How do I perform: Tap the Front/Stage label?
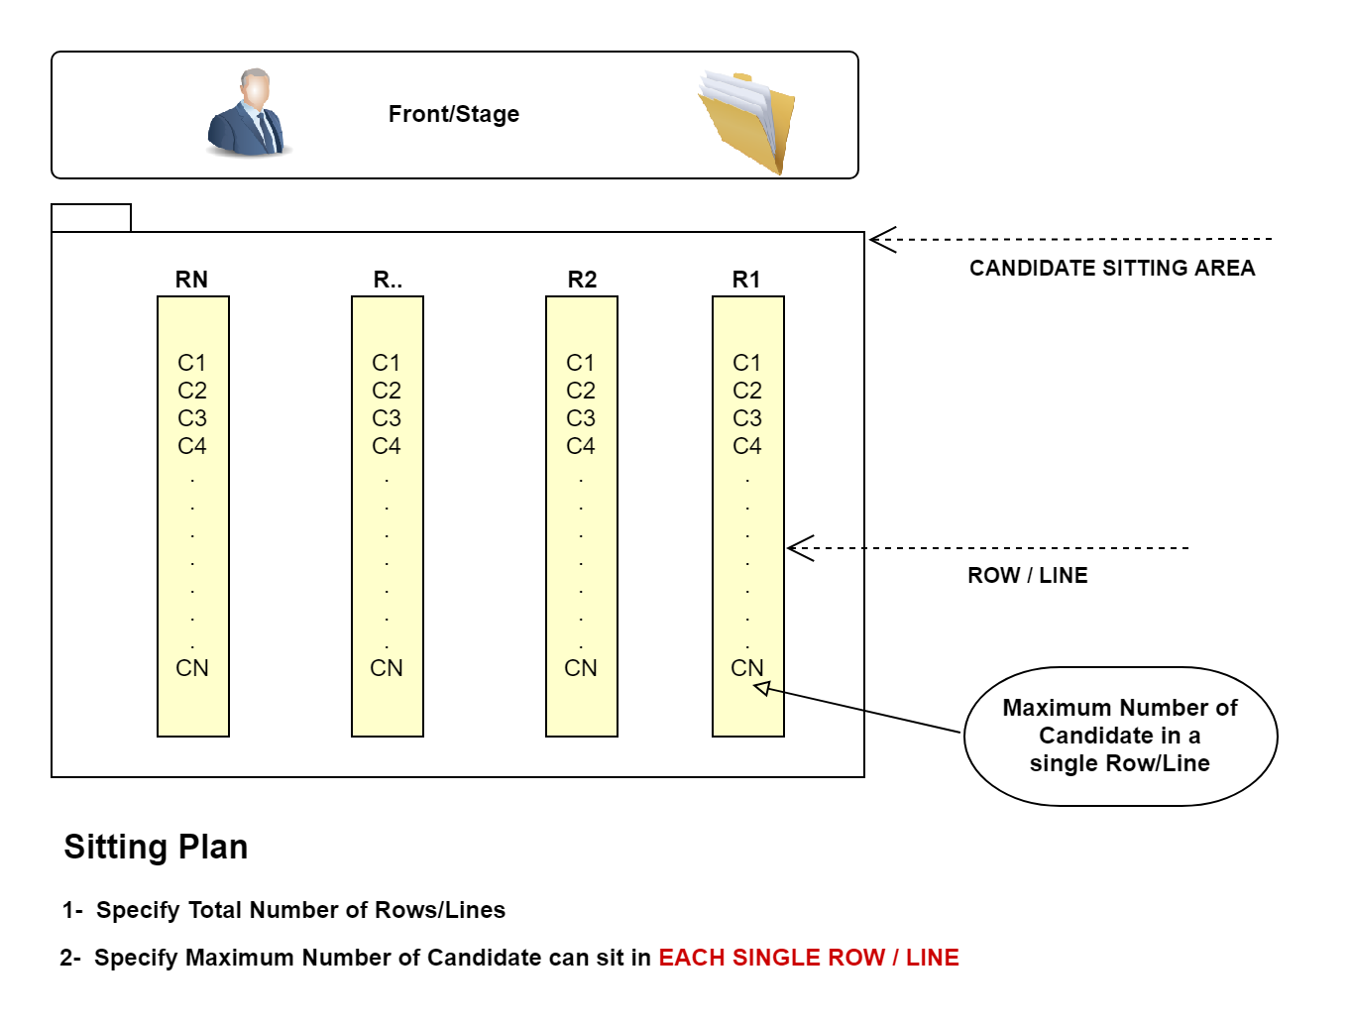click(x=454, y=114)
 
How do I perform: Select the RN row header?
click(x=191, y=280)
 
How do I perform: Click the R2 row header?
click(x=582, y=280)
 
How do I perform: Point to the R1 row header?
click(x=746, y=280)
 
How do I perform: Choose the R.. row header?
click(x=388, y=280)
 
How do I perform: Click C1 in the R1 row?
click(x=747, y=363)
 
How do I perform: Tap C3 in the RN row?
click(x=192, y=418)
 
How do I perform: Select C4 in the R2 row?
click(x=581, y=446)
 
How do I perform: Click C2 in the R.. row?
click(x=387, y=391)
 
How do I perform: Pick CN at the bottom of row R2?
click(x=581, y=668)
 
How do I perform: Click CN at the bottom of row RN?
click(x=192, y=668)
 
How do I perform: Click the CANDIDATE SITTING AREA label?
click(x=1112, y=268)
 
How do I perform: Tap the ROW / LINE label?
click(x=1028, y=575)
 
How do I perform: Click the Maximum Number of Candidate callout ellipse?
click(x=1120, y=736)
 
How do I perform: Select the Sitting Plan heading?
click(x=156, y=847)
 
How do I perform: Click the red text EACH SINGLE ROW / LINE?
click(x=809, y=958)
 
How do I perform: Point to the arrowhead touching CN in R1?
click(x=761, y=688)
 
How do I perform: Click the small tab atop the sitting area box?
click(x=91, y=218)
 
